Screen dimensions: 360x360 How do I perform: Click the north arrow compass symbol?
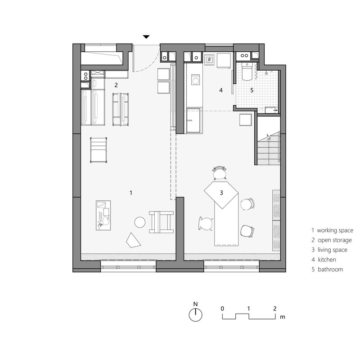[195, 315]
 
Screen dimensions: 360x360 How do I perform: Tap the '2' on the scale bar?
[274, 308]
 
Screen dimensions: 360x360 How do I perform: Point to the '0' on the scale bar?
[222, 308]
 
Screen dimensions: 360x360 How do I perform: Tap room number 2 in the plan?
[116, 85]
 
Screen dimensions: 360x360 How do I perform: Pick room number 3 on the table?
[221, 193]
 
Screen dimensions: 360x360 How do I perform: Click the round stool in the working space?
[140, 222]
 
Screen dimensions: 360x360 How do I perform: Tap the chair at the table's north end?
[220, 172]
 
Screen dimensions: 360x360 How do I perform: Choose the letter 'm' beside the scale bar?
[283, 317]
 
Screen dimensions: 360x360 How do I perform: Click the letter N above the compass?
[195, 304]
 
